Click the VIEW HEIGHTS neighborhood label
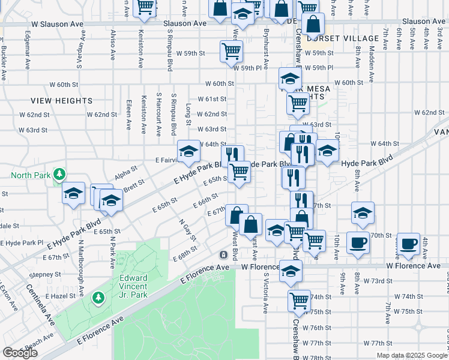(62, 101)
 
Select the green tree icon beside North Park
(59, 175)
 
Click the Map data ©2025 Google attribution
(412, 355)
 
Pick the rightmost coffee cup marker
(409, 243)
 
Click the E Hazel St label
(59, 296)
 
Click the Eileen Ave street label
(129, 115)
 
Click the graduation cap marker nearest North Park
(73, 193)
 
